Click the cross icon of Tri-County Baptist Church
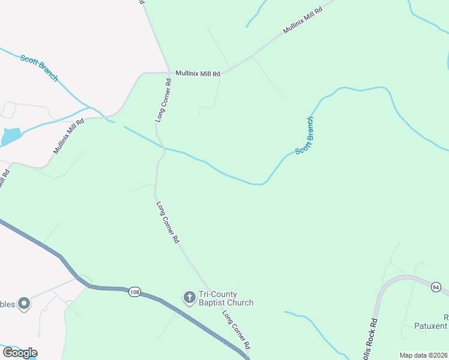pyautogui.click(x=189, y=297)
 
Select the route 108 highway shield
pyautogui.click(x=134, y=292)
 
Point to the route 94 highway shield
pyautogui.click(x=436, y=288)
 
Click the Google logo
pyautogui.click(x=20, y=352)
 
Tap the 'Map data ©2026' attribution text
pyautogui.click(x=424, y=355)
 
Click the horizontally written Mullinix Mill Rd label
pyautogui.click(x=197, y=73)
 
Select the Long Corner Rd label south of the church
pyautogui.click(x=235, y=330)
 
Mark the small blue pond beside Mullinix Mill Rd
pyautogui.click(x=11, y=137)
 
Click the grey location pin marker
pyautogui.click(x=24, y=304)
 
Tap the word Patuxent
pyautogui.click(x=431, y=326)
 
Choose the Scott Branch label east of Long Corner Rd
pyautogui.click(x=304, y=134)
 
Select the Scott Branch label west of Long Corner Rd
pyautogui.click(x=39, y=68)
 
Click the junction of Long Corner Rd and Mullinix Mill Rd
pyautogui.click(x=169, y=73)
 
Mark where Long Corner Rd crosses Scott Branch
pyautogui.click(x=163, y=148)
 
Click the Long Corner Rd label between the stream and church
pyautogui.click(x=168, y=221)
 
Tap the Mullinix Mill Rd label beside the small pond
pyautogui.click(x=67, y=137)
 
